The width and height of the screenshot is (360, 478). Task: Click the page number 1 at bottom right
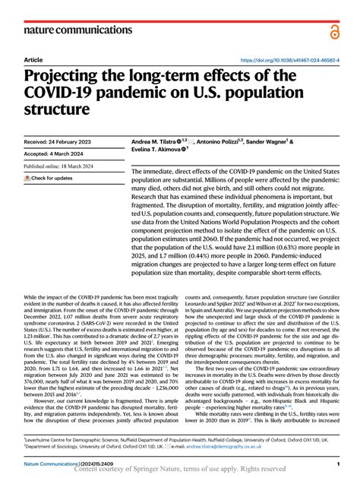337,463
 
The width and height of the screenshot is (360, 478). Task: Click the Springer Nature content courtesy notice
180,470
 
